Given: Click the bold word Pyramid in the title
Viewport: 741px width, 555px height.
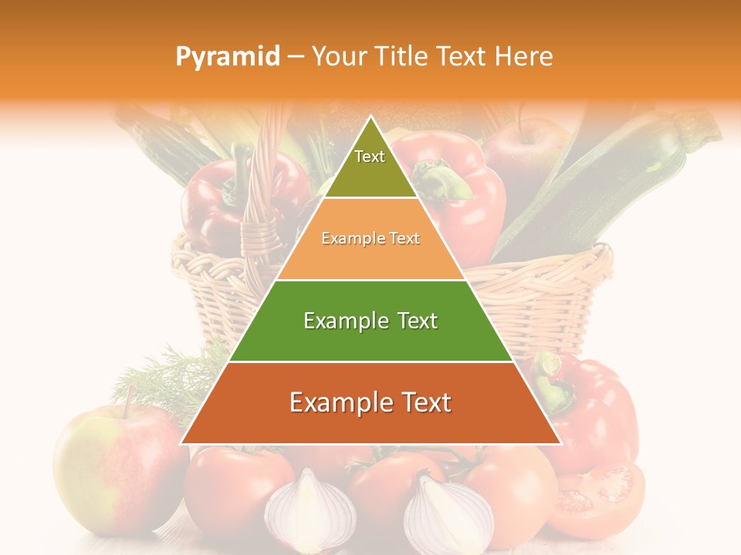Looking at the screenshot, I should click(x=227, y=57).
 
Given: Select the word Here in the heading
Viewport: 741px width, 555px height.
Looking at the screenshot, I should click(x=525, y=57).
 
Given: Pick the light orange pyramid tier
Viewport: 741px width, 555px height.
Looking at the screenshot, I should click(x=370, y=239).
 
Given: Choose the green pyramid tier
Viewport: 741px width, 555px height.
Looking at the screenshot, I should click(x=370, y=321).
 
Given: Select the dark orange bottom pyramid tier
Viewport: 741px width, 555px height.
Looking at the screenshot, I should click(x=370, y=403).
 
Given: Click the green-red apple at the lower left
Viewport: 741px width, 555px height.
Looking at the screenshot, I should click(x=116, y=470).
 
